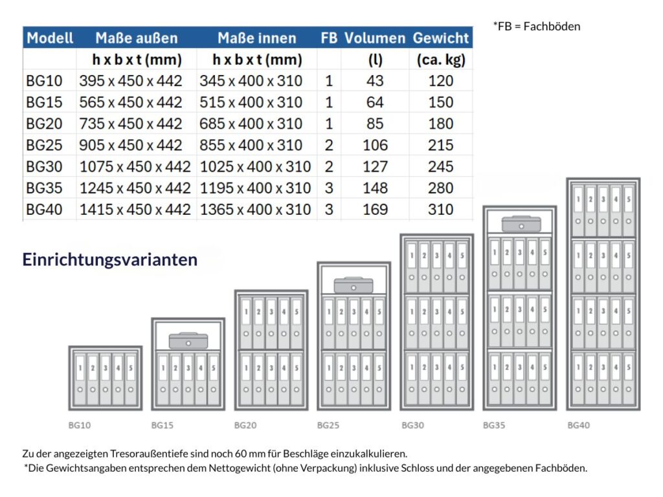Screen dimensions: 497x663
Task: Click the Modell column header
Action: (x=50, y=38)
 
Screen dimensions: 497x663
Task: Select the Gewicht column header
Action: (x=441, y=38)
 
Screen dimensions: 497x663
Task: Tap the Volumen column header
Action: (x=375, y=38)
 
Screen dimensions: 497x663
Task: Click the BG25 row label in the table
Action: (x=45, y=145)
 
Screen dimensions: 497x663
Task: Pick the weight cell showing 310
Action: (x=440, y=209)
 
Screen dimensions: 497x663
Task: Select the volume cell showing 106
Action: (x=375, y=145)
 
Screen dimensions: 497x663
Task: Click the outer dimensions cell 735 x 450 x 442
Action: (x=131, y=124)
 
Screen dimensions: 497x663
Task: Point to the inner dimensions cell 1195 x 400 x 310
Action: (x=255, y=188)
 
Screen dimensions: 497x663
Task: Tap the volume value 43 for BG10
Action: (x=375, y=81)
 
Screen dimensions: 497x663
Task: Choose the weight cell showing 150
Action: (x=440, y=102)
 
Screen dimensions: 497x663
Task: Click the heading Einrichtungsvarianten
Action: (x=110, y=260)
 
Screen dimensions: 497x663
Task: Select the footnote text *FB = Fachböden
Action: (x=537, y=27)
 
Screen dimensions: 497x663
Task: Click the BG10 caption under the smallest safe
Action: (x=80, y=425)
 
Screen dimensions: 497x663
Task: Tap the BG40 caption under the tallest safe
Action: (x=579, y=425)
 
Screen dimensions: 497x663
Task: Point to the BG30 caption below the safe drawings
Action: (x=413, y=425)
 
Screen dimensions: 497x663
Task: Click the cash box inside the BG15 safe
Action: (x=188, y=340)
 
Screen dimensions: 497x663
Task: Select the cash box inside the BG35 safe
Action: (x=521, y=224)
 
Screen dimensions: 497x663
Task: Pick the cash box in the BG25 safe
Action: (x=353, y=285)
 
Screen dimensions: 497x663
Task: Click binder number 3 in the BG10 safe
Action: (x=105, y=379)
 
